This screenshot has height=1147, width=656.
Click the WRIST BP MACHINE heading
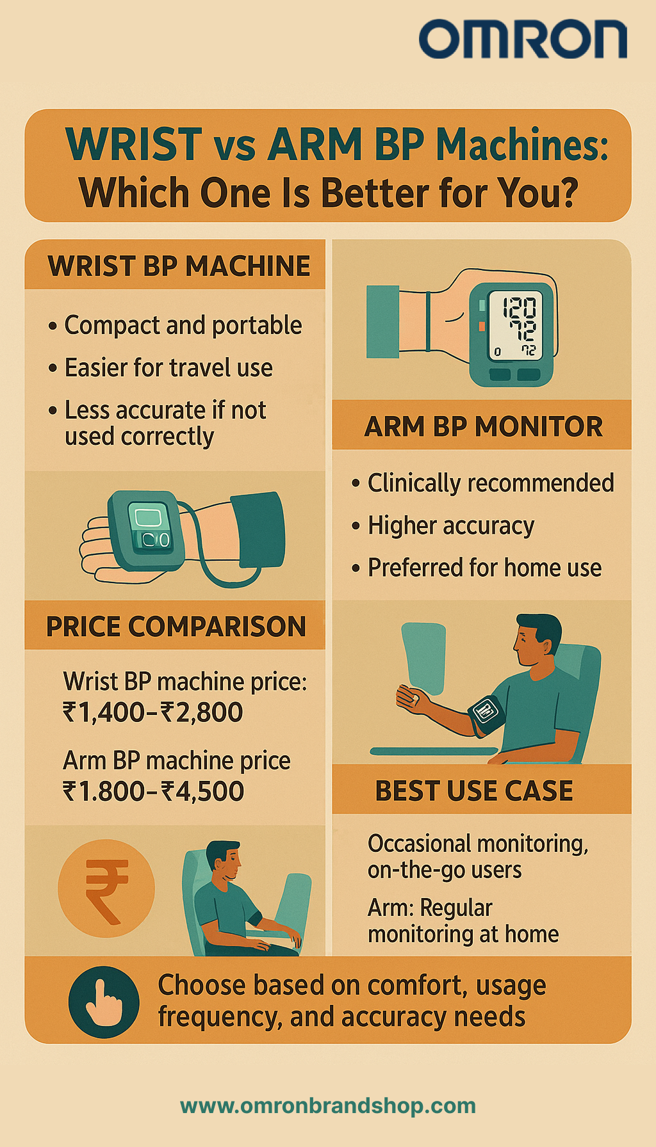(179, 266)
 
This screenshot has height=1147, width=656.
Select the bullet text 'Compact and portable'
(183, 325)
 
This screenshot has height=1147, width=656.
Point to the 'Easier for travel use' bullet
(168, 368)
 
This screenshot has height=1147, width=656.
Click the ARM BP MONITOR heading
(484, 426)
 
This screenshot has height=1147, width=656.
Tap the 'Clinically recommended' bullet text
(491, 483)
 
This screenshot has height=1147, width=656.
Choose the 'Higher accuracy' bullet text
(451, 525)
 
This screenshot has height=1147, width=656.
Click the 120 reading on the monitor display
(518, 308)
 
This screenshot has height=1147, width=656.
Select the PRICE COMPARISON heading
(176, 626)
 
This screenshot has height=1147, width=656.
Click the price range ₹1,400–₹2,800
(153, 712)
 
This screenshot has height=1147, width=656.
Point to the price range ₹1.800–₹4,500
(154, 792)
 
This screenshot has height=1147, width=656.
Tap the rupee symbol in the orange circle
(106, 889)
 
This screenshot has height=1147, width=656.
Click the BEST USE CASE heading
(474, 790)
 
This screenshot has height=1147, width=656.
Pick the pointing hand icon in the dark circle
(104, 1002)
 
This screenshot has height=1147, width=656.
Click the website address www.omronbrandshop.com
(328, 1105)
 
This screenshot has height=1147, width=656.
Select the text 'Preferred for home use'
(484, 568)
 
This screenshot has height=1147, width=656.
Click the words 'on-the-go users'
(445, 870)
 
